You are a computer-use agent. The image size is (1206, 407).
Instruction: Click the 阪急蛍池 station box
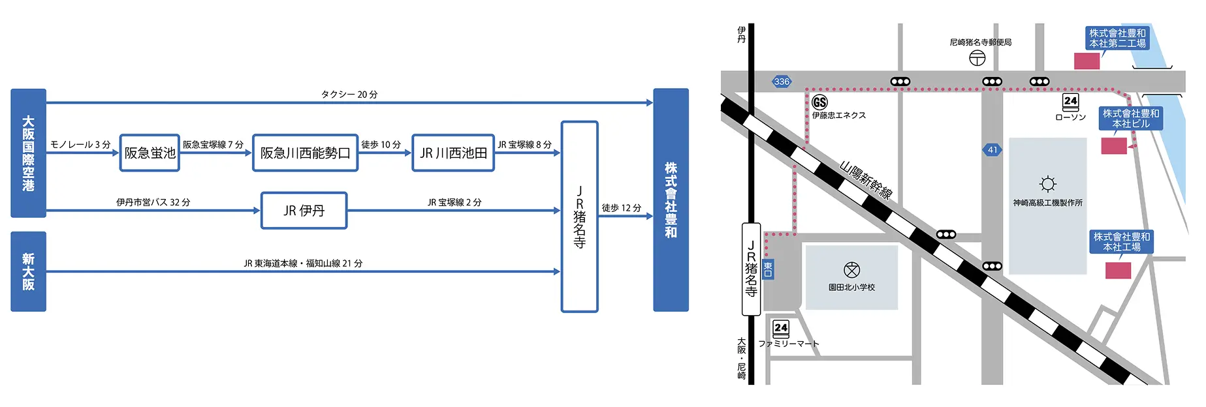[150, 153]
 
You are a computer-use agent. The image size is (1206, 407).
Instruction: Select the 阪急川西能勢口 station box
[305, 153]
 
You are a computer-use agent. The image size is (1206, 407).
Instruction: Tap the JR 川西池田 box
[453, 153]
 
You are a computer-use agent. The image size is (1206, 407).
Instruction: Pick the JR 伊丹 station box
[304, 211]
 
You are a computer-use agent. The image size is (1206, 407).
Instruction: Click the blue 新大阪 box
[28, 271]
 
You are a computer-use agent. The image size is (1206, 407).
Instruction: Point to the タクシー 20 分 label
[349, 95]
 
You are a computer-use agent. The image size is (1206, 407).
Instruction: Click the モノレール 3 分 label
[80, 145]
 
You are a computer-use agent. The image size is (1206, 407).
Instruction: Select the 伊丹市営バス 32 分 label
[153, 202]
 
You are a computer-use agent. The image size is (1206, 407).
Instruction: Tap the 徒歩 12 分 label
[621, 208]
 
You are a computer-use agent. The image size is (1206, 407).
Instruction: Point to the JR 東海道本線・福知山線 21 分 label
[303, 264]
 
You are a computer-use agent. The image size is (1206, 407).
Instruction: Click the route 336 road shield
[781, 82]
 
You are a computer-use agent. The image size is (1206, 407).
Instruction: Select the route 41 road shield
[992, 150]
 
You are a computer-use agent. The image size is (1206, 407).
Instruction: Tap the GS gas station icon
[819, 102]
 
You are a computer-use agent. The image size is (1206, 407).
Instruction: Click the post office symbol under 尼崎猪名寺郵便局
[977, 58]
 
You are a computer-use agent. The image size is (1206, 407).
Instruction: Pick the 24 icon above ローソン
[1070, 102]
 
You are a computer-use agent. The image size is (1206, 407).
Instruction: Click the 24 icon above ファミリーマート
[781, 328]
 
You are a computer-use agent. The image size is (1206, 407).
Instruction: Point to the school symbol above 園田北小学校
[851, 269]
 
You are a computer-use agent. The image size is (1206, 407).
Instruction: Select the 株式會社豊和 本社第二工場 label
[1117, 38]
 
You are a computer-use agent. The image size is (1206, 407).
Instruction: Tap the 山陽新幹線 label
[866, 179]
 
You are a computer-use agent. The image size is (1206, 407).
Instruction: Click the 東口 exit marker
[768, 269]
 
